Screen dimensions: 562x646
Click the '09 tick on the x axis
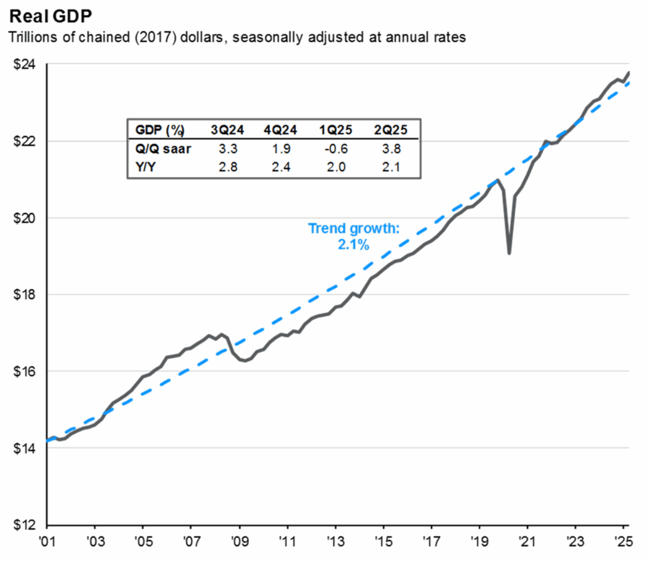[240, 542]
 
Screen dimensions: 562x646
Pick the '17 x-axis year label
[432, 542]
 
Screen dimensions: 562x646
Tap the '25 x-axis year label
[624, 542]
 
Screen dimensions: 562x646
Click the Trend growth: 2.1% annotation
[353, 236]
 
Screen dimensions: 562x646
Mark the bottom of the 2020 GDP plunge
[509, 253]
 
